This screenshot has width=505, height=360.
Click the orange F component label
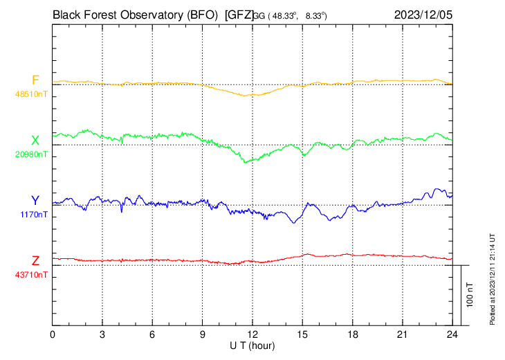tap(35, 80)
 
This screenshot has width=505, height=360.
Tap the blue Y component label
tap(35, 201)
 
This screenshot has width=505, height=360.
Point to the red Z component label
tap(35, 261)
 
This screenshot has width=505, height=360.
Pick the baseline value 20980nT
tap(33, 154)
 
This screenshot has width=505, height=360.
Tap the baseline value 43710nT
tap(33, 275)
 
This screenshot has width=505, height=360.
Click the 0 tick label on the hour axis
tap(53, 334)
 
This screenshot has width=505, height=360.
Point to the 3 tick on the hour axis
tap(102, 334)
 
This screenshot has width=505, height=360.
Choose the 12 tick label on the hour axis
tap(252, 334)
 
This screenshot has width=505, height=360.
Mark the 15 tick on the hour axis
tap(302, 334)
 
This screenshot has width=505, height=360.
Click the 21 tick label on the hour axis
tap(403, 334)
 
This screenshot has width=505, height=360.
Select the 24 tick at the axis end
tap(452, 334)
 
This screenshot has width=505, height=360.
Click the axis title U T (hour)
tap(252, 345)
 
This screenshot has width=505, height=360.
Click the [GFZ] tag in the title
tap(239, 13)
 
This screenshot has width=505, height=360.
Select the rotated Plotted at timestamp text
tap(493, 277)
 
